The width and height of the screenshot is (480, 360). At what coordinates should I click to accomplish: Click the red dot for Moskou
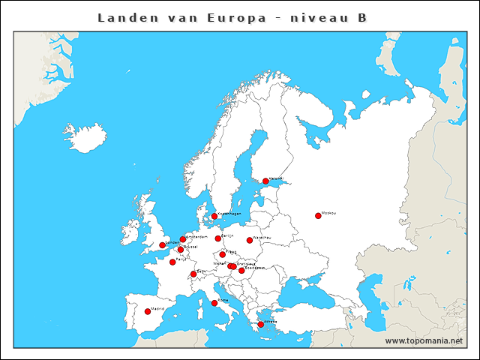318,216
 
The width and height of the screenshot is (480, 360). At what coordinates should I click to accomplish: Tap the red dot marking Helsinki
265,181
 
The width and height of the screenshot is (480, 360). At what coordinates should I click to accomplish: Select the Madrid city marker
147,311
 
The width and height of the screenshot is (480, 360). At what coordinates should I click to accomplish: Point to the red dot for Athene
260,325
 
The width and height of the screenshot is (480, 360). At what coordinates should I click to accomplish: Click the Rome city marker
214,303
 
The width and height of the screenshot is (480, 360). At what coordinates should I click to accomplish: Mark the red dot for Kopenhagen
214,216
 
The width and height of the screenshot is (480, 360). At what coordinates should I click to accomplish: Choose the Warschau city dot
250,240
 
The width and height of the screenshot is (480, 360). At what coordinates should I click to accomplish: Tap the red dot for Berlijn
218,238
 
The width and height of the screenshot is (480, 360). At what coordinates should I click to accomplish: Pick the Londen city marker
162,245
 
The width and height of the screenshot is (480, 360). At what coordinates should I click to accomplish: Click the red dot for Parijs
172,262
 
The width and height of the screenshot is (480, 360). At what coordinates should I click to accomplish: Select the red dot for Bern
193,274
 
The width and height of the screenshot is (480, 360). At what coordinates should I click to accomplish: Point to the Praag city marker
222,254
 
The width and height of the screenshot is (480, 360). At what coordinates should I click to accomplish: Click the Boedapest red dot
241,270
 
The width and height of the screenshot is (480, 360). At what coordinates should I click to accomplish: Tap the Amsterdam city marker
182,239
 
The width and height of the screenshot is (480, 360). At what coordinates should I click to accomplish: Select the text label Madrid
157,308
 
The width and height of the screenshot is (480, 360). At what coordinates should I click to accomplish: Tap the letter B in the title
362,17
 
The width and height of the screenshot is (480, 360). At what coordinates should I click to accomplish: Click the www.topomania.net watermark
424,340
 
